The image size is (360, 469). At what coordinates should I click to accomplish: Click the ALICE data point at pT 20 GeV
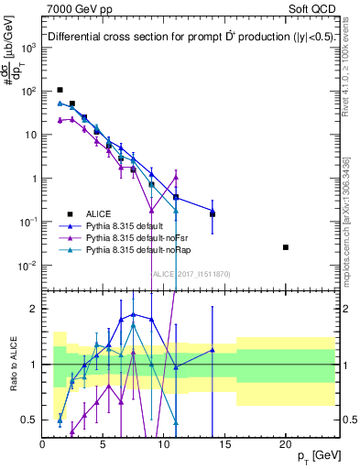tap(286, 247)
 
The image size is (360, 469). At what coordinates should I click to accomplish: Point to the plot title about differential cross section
tap(183, 38)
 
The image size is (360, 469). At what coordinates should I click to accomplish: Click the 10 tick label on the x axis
tap(164, 443)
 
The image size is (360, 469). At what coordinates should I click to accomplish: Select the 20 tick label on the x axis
tap(286, 443)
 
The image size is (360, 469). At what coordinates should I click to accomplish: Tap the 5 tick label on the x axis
tap(104, 443)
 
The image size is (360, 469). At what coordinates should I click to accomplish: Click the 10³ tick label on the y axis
tap(27, 47)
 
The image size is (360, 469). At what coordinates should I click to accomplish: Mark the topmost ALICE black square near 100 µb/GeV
tap(60, 90)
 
